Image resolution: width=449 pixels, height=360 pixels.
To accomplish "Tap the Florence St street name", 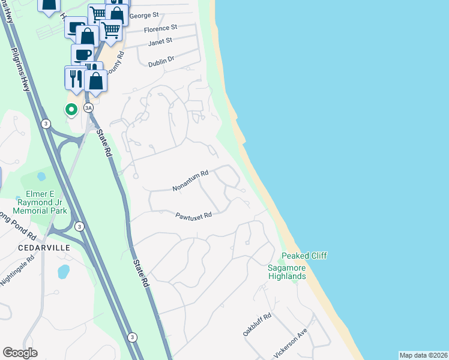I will click(x=161, y=28).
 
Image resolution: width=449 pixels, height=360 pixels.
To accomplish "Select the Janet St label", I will click(x=160, y=41).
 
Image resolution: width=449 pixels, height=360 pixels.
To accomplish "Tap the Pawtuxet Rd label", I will click(x=194, y=215).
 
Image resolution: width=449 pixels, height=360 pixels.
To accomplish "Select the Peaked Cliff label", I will click(x=304, y=256).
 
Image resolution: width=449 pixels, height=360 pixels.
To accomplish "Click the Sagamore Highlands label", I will click(x=287, y=272).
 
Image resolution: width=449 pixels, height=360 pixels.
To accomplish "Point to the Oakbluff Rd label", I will click(x=258, y=325).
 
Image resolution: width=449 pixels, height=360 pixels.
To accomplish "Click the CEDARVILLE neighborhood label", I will click(x=44, y=247).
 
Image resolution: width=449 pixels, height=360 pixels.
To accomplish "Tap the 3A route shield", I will click(x=89, y=108).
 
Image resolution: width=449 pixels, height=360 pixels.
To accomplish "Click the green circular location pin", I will click(x=71, y=109).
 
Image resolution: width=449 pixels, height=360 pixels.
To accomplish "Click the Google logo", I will click(x=20, y=353).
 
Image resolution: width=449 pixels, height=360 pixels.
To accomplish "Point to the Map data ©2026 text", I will click(x=423, y=355).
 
